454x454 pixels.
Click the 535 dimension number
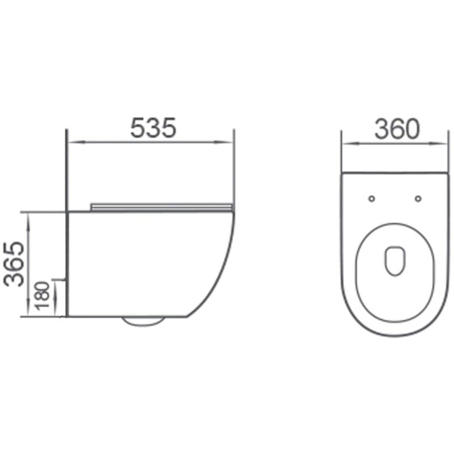[x=153, y=128]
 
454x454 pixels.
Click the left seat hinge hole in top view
[x=372, y=198]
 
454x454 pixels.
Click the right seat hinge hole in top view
[x=418, y=198]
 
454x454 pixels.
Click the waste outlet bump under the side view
[x=143, y=321]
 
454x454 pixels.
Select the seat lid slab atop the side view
[x=162, y=205]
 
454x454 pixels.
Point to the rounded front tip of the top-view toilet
[x=395, y=334]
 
